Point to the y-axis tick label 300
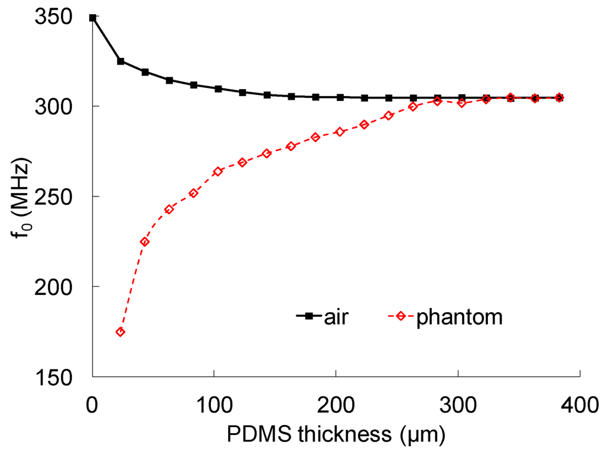62,107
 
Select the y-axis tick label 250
62,197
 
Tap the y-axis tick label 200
62,287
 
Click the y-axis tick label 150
62,377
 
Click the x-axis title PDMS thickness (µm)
336,435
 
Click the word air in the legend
336,317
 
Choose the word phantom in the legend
460,317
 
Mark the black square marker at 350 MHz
93,18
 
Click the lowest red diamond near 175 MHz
121,332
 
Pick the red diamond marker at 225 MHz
145,242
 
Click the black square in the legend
308,316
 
